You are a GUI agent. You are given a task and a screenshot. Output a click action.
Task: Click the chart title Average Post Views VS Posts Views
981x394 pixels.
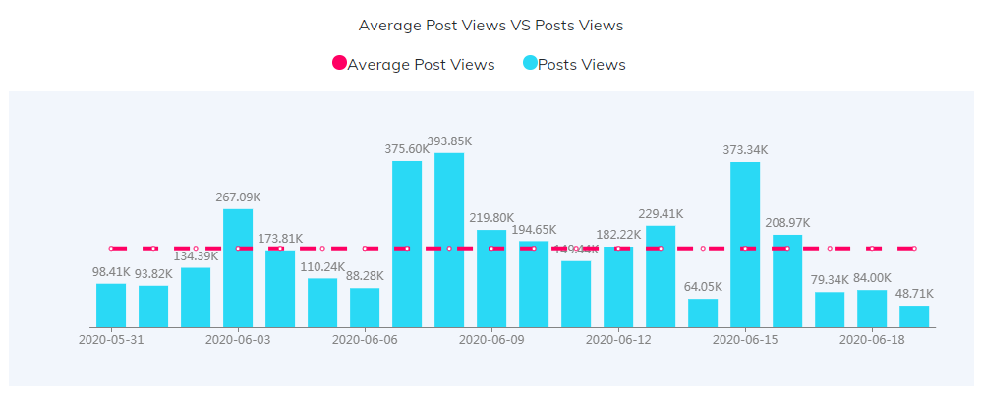click(x=490, y=25)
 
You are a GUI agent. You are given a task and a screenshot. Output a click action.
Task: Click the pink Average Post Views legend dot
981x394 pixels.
click(x=339, y=64)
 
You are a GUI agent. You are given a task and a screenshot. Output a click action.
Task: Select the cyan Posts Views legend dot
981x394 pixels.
click(x=530, y=64)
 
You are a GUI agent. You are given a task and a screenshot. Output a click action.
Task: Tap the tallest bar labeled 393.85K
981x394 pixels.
click(x=449, y=240)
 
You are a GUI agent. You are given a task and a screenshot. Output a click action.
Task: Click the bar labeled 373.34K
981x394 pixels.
click(x=745, y=245)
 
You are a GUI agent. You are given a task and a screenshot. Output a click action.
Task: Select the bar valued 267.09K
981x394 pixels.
click(x=238, y=267)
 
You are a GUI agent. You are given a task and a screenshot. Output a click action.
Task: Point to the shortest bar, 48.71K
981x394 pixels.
click(x=914, y=316)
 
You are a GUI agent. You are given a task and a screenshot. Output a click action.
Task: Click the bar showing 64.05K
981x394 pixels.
click(x=703, y=312)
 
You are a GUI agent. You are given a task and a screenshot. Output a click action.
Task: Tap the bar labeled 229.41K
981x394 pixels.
click(x=661, y=276)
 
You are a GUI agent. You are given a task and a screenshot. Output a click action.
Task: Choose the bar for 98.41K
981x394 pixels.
click(x=111, y=306)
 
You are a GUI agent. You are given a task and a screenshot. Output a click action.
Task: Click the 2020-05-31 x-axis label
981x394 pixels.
click(x=111, y=340)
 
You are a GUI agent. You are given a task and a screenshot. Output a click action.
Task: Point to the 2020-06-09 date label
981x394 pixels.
click(x=491, y=340)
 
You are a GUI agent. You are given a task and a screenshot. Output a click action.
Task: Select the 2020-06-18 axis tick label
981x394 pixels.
click(x=872, y=340)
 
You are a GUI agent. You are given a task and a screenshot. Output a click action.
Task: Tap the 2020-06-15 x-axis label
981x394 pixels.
click(x=745, y=340)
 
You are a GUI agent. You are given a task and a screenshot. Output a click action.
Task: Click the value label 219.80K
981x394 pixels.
click(x=491, y=218)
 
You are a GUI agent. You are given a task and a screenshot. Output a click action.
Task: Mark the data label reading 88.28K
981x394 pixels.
click(x=365, y=276)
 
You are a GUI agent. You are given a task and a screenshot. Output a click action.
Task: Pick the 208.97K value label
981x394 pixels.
click(x=787, y=223)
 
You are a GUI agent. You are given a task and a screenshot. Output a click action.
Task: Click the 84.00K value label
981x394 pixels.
click(x=872, y=278)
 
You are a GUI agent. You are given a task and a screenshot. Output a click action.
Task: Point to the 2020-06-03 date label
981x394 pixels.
click(x=238, y=340)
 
